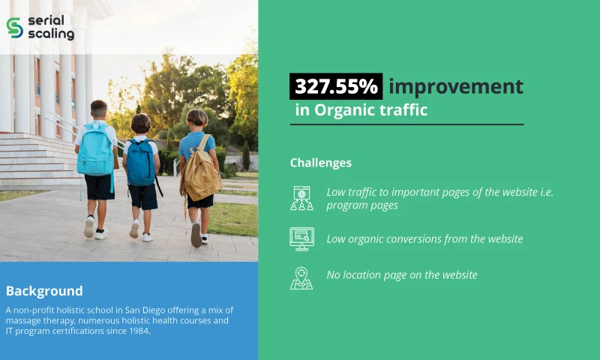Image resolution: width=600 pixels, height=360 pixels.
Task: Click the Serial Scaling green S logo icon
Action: (x=14, y=27)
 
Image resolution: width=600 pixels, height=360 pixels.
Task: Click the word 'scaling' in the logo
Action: (x=51, y=34)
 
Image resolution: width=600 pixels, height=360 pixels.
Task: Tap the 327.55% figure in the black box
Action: (x=336, y=86)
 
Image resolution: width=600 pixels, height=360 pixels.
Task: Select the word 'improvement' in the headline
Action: (x=455, y=86)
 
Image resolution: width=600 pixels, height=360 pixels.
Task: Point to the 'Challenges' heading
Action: (x=320, y=163)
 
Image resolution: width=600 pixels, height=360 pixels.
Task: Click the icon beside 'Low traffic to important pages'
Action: (x=301, y=198)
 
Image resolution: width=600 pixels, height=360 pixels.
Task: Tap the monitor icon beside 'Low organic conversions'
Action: (x=301, y=238)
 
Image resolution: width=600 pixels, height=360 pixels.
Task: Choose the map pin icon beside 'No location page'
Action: (x=301, y=277)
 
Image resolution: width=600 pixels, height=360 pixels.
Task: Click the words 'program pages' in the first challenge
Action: (x=362, y=205)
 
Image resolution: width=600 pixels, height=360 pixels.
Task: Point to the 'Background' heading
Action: (x=44, y=291)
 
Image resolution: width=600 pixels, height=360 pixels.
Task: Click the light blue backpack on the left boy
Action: (x=95, y=149)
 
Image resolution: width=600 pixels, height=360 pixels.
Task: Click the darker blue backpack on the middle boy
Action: (x=140, y=162)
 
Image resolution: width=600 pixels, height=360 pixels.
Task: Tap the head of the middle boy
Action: (x=141, y=123)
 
